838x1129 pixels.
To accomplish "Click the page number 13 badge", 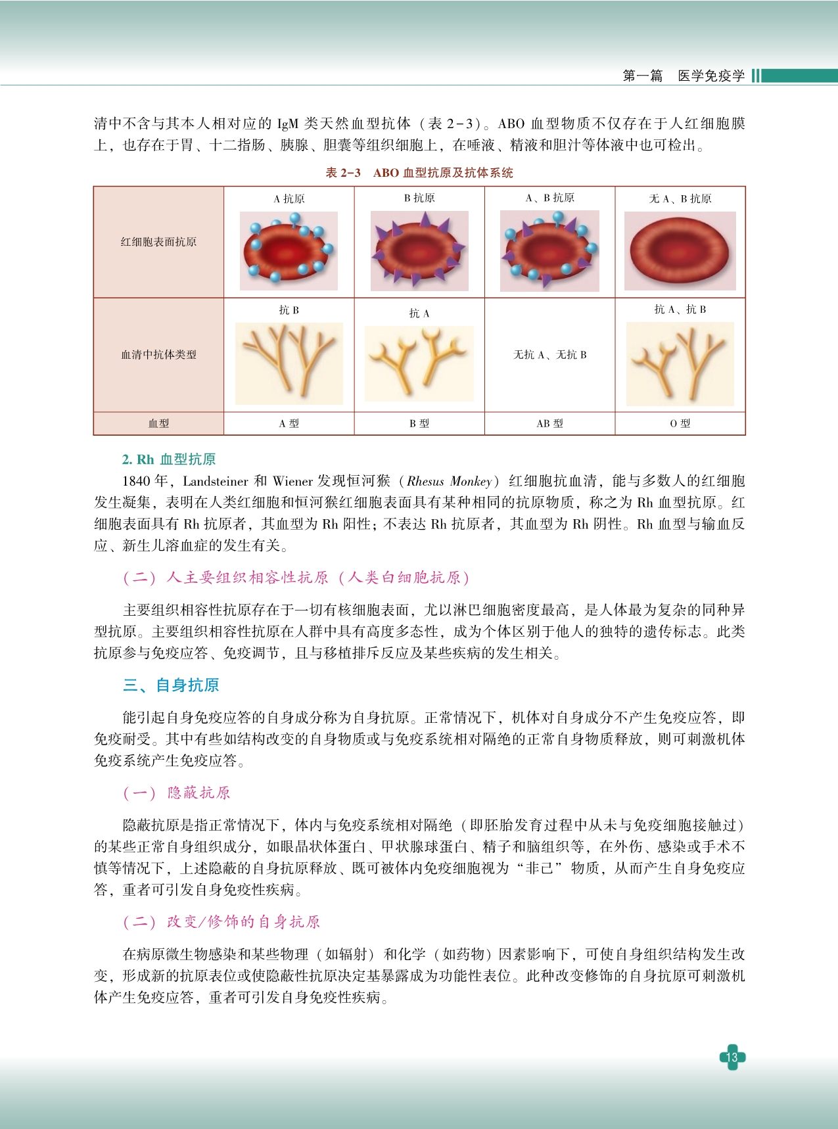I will [x=732, y=1057].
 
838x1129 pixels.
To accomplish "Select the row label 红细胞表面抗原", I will [x=158, y=242].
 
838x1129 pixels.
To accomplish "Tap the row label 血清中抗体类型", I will [x=158, y=355].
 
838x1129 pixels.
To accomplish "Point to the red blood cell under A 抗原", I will [x=289, y=251].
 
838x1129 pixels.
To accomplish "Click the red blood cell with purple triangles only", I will [x=419, y=251].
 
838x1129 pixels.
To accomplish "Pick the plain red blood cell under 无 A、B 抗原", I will [x=680, y=251].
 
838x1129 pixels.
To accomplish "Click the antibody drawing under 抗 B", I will [x=289, y=363].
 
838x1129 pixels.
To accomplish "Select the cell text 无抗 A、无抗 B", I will [x=549, y=355].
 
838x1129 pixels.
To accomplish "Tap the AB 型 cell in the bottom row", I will [x=549, y=424].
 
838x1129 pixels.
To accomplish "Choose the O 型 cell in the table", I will [x=680, y=424].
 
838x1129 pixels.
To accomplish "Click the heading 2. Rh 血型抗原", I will [x=169, y=459].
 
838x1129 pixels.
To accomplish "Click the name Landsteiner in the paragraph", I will [x=215, y=481].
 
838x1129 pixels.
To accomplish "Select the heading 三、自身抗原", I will [x=171, y=685].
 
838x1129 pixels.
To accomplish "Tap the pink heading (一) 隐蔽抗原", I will [x=177, y=793].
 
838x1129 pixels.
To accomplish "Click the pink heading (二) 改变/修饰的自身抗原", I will [x=221, y=921].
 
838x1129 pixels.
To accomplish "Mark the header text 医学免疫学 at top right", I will [x=711, y=76].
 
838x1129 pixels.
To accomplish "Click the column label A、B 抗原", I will [x=549, y=198].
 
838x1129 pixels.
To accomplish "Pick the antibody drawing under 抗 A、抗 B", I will [x=680, y=363].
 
